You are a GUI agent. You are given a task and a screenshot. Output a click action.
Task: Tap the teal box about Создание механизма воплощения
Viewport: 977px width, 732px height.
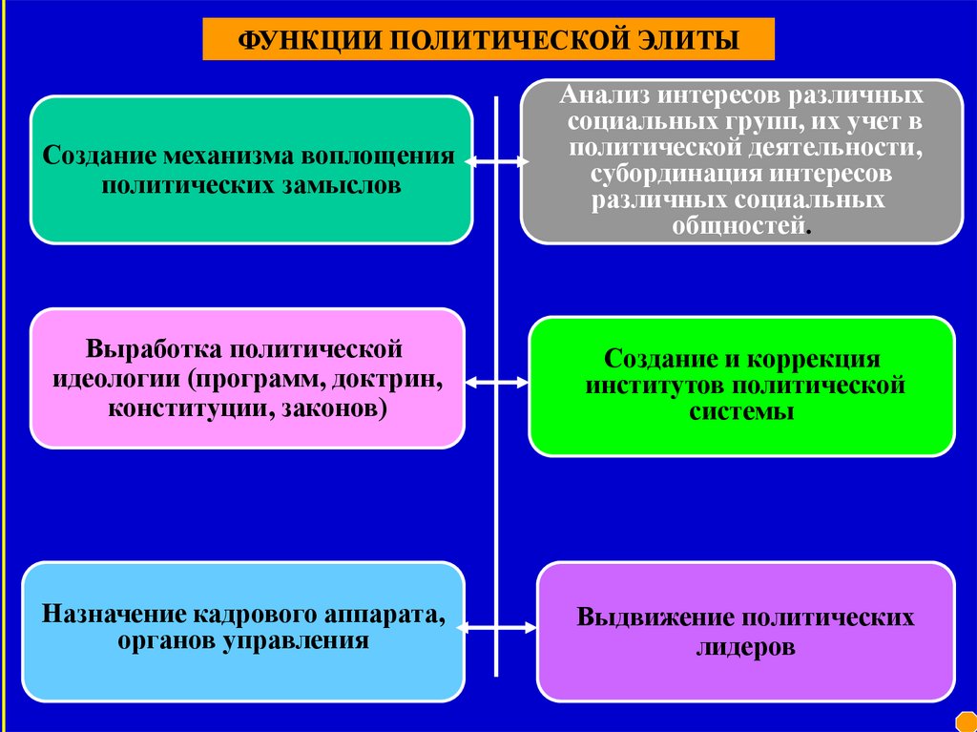tap(251, 169)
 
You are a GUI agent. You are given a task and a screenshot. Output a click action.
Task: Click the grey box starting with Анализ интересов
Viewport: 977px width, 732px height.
tap(741, 160)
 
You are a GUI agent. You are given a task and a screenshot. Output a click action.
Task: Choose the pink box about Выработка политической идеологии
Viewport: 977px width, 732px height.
tap(247, 377)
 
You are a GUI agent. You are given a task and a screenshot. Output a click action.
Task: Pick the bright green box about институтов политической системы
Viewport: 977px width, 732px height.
tap(741, 386)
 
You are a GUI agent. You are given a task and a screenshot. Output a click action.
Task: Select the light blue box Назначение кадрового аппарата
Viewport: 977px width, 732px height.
tap(243, 630)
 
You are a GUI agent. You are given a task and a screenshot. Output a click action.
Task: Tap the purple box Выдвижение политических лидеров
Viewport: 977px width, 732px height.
tap(745, 631)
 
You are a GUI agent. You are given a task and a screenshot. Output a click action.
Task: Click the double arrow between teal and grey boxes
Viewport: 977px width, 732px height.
tap(496, 163)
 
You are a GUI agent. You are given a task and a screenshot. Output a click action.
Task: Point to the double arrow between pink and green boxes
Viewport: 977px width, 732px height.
tap(496, 382)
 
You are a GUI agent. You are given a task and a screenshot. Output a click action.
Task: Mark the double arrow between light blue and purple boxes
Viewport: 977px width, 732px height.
tap(496, 627)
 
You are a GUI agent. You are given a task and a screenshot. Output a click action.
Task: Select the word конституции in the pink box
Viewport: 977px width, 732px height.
tap(168, 409)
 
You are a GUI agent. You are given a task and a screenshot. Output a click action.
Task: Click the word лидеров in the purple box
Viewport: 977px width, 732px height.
tap(745, 647)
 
